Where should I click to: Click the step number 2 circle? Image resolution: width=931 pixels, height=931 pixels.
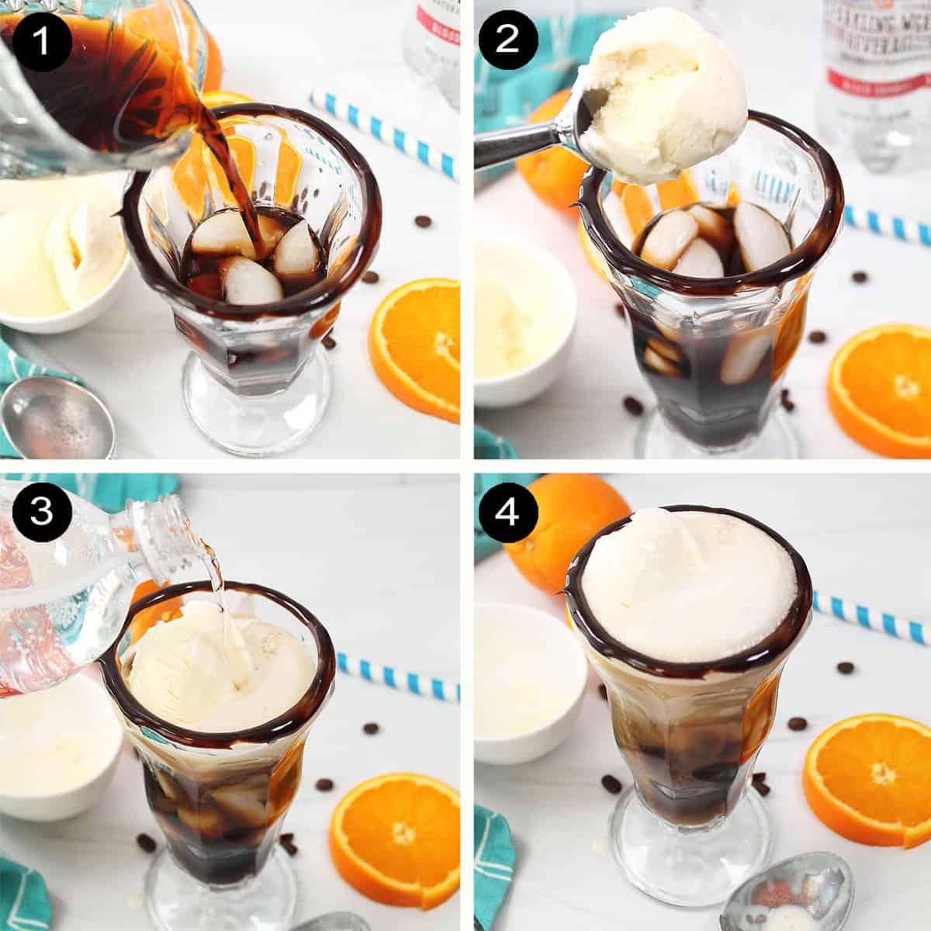click(507, 40)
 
